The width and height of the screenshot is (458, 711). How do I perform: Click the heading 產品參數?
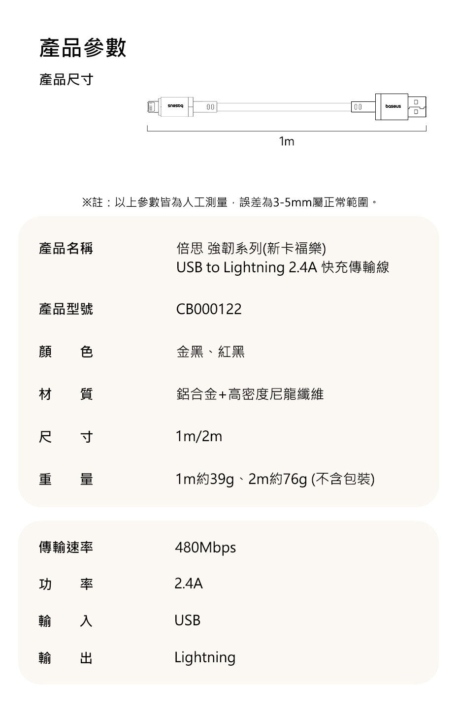(83, 48)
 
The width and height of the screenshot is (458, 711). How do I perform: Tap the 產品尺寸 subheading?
(66, 79)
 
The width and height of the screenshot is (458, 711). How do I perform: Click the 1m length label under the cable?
(286, 142)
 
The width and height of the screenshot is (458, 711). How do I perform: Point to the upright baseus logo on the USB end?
(393, 106)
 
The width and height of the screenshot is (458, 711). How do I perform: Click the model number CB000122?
(209, 309)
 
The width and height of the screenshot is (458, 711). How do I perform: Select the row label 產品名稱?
(66, 248)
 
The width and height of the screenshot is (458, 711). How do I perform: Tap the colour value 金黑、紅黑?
(210, 352)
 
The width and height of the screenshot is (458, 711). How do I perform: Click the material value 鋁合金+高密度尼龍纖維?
(250, 394)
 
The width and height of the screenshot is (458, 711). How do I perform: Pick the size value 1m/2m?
(199, 436)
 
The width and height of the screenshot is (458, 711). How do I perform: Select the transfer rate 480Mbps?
(205, 548)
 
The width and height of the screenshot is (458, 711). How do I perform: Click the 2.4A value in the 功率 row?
(189, 584)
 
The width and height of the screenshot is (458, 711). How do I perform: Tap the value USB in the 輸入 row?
(188, 620)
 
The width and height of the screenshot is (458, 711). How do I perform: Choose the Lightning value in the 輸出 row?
(205, 657)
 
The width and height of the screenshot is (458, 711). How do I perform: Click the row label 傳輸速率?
(66, 547)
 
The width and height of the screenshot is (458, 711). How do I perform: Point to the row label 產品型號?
(66, 309)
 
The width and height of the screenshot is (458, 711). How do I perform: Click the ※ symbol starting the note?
(86, 202)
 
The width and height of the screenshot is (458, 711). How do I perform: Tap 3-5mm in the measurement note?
(293, 202)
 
